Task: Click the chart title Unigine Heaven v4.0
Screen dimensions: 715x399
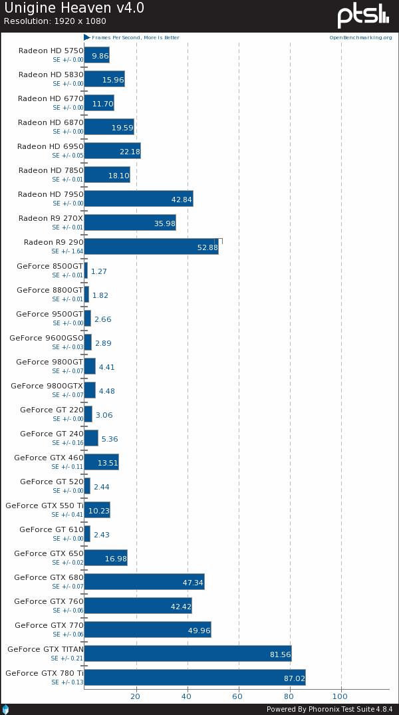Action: click(x=74, y=8)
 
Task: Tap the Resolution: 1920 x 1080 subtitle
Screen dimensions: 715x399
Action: click(x=55, y=21)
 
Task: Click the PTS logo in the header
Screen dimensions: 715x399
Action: click(x=362, y=16)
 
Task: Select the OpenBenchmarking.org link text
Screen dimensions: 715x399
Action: click(x=360, y=38)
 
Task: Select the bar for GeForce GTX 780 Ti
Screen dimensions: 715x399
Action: click(x=194, y=677)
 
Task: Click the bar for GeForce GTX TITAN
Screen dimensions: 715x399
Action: click(x=188, y=653)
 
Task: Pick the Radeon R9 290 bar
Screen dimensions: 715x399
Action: click(x=151, y=246)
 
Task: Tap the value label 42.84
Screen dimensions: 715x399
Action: click(x=182, y=200)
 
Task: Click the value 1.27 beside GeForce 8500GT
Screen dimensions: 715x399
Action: click(x=99, y=271)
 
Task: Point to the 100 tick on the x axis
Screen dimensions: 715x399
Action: click(x=340, y=697)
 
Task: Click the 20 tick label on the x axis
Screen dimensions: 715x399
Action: click(x=136, y=697)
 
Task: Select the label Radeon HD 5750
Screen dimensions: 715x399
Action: click(x=51, y=51)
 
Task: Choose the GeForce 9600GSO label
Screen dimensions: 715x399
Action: click(x=47, y=338)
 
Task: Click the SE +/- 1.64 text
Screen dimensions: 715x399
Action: click(x=68, y=252)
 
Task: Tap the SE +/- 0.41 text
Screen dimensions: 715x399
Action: click(x=68, y=515)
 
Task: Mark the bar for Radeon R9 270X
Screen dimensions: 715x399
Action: click(x=130, y=222)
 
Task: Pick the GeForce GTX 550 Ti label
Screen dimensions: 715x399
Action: click(x=45, y=505)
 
